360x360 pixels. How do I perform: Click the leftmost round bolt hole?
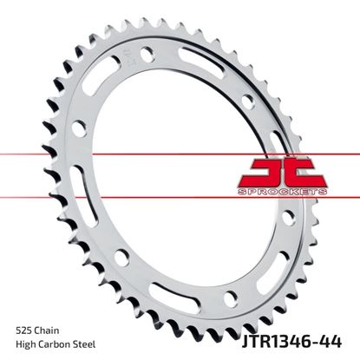pos(77,130)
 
